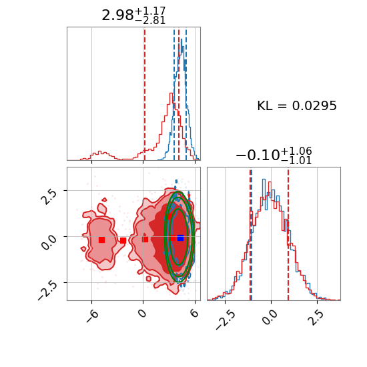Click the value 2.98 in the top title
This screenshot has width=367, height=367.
(x=117, y=16)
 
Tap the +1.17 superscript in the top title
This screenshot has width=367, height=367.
(x=150, y=11)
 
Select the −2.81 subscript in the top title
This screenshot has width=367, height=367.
(x=150, y=21)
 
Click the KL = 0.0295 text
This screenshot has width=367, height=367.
(x=297, y=106)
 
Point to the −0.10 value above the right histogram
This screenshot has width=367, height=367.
(x=258, y=155)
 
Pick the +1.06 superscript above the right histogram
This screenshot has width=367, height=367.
(x=296, y=151)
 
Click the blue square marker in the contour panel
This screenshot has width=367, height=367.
(x=180, y=238)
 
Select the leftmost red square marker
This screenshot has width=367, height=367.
(x=101, y=240)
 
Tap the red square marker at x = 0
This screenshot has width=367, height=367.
(x=145, y=240)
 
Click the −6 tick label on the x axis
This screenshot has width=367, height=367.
(x=92, y=316)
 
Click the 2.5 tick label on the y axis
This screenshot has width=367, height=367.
(x=49, y=197)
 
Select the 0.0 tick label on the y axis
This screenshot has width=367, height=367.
(x=49, y=242)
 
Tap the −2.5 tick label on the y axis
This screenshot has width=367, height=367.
(x=47, y=290)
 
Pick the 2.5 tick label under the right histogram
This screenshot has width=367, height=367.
(x=318, y=318)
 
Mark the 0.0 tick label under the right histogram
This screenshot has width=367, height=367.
(x=271, y=318)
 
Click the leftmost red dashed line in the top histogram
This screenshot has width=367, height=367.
(x=145, y=94)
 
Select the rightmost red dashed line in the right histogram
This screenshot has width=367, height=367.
(x=288, y=234)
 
